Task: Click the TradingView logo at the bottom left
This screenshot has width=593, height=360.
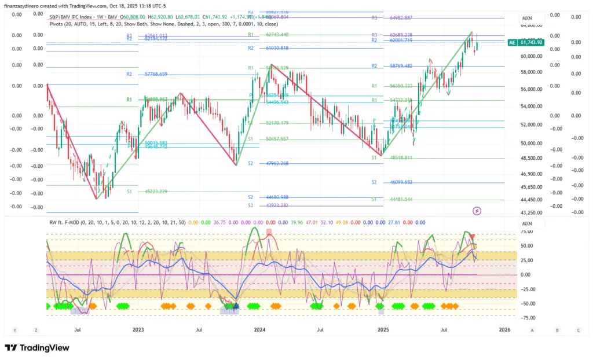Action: pyautogui.click(x=37, y=348)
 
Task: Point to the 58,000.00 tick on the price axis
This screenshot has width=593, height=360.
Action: pyautogui.click(x=532, y=72)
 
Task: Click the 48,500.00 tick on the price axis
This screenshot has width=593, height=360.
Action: pyautogui.click(x=532, y=157)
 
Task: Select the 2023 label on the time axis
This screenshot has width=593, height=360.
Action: pyautogui.click(x=138, y=329)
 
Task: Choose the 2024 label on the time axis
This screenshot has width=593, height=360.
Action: pyautogui.click(x=259, y=329)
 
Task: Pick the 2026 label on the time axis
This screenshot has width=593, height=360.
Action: pyautogui.click(x=504, y=329)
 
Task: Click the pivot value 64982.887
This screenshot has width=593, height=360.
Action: pyautogui.click(x=401, y=18)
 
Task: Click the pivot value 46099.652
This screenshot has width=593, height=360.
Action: pyautogui.click(x=401, y=182)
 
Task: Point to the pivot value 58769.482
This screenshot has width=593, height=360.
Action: pyautogui.click(x=401, y=66)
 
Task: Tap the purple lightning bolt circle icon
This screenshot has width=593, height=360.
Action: pyautogui.click(x=477, y=211)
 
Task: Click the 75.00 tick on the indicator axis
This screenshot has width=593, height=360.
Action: pyautogui.click(x=526, y=232)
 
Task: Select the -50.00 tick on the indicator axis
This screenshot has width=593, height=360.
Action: pyautogui.click(x=526, y=303)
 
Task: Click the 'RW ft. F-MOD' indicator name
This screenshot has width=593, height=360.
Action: pyautogui.click(x=67, y=222)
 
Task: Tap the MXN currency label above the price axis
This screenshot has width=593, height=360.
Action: pyautogui.click(x=527, y=19)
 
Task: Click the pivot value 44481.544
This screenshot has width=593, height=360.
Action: pyautogui.click(x=401, y=200)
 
